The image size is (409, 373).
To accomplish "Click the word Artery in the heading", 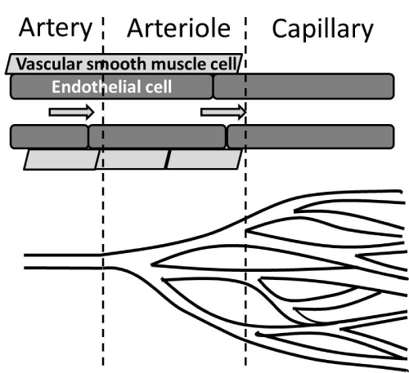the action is [x=56, y=29].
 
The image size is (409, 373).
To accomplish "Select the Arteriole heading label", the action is [x=179, y=29].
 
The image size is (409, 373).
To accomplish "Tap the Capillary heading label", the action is [x=322, y=29].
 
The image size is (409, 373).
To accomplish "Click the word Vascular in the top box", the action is [x=49, y=64].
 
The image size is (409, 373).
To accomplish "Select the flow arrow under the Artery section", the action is [x=72, y=112].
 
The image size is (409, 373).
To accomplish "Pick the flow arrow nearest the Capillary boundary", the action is [x=223, y=112].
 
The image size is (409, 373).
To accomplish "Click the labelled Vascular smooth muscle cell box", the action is [x=124, y=64].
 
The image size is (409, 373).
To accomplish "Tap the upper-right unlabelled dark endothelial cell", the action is [x=303, y=86].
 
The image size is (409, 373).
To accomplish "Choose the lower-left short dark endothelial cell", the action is [x=49, y=136].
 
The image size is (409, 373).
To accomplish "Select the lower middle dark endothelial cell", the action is [x=157, y=136].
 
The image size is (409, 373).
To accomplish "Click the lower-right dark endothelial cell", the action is [x=311, y=136].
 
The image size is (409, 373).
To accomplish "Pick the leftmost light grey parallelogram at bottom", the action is [x=61, y=159].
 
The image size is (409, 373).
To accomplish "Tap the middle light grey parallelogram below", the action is [x=133, y=159].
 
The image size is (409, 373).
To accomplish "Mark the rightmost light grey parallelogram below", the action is [x=204, y=159].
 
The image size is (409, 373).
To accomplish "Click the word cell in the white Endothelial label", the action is [x=159, y=87].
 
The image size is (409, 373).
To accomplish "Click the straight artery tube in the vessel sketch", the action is [x=63, y=262].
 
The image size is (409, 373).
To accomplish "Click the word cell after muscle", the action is [x=223, y=64].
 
